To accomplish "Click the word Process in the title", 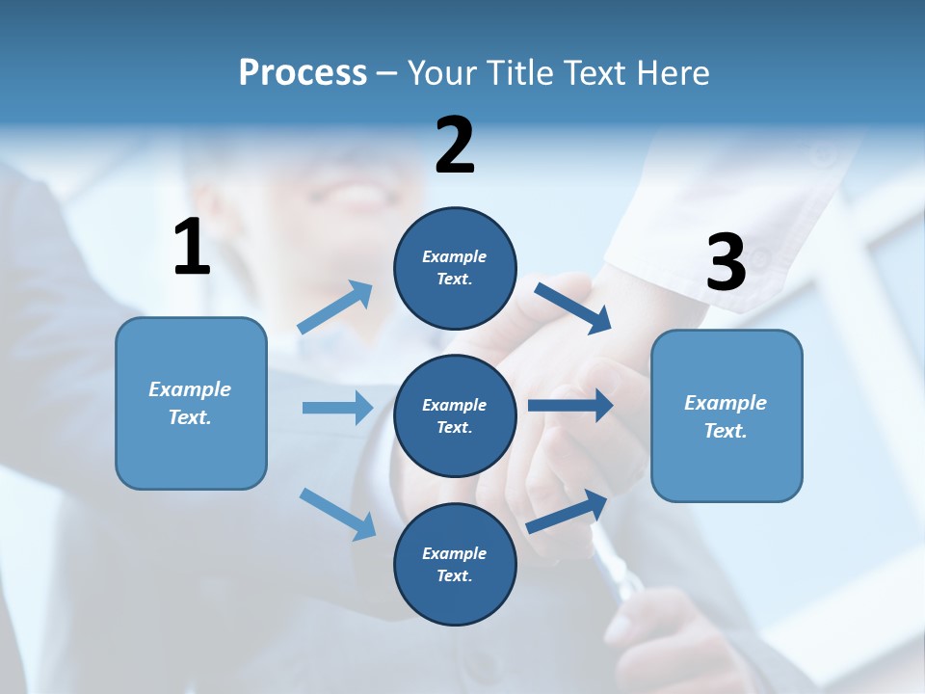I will (303, 73).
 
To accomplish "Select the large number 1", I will (192, 249).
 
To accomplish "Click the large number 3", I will (726, 264).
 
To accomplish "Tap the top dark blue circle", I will (455, 268).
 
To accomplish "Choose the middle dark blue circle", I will (455, 415).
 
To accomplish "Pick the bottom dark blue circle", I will (455, 564).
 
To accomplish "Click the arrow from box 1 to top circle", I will (335, 307).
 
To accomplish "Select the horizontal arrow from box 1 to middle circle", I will (337, 408).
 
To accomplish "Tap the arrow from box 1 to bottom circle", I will (337, 514).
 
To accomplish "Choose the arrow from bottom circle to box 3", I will (568, 512).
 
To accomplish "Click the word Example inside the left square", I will (190, 389).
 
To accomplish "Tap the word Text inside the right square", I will (725, 431).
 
